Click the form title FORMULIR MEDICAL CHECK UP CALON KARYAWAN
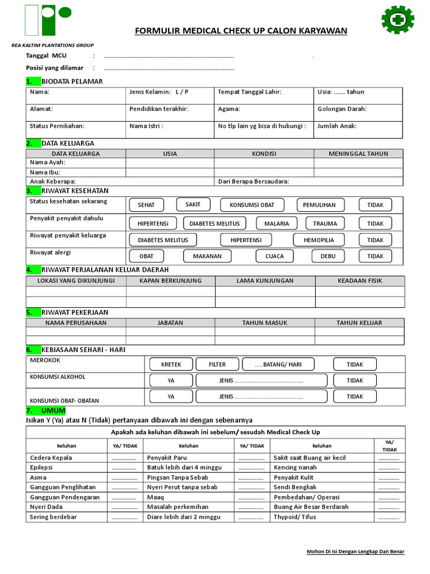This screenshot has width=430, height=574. point(241,30)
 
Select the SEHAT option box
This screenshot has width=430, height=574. point(146,205)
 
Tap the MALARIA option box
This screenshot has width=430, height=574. point(277,223)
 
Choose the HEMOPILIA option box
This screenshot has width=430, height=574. point(319,240)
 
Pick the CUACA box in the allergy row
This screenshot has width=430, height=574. point(274,256)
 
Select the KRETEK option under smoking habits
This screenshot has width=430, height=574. point(171,364)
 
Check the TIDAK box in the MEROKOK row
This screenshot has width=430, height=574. point(355,364)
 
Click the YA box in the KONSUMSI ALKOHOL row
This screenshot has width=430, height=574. point(171,380)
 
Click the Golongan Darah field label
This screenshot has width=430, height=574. point(342,109)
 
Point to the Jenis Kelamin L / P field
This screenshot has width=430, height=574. point(159,92)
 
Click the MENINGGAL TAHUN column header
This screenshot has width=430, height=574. point(358,154)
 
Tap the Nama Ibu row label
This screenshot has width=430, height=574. point(45,172)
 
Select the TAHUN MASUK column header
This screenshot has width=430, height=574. point(265,323)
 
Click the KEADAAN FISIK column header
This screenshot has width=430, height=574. point(359,280)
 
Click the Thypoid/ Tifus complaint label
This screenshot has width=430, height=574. point(295,517)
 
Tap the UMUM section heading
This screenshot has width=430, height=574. point(53,411)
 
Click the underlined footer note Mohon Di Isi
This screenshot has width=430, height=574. point(355,552)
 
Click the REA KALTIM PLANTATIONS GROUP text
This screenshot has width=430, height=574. point(53,45)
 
